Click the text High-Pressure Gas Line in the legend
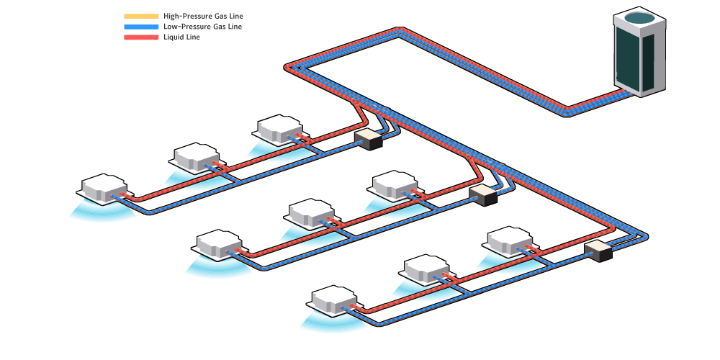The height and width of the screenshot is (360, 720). (x=208, y=16)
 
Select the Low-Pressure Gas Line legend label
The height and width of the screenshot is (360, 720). (x=207, y=27)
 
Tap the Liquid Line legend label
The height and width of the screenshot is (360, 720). (x=181, y=37)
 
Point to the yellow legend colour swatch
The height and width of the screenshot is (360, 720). (x=141, y=16)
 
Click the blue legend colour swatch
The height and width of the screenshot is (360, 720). (x=141, y=27)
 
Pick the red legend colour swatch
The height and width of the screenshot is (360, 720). (x=141, y=37)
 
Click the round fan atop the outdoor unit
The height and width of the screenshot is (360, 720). (x=640, y=19)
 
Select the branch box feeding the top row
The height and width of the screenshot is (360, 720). (x=367, y=139)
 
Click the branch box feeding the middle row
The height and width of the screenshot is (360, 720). (x=483, y=194)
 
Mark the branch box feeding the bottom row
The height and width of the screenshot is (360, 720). (x=598, y=251)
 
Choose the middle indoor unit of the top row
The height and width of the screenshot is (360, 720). (x=196, y=156)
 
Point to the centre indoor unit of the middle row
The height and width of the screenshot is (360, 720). (x=311, y=213)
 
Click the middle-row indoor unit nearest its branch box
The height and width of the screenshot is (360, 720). (x=395, y=184)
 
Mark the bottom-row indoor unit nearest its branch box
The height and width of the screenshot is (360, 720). (x=510, y=240)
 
